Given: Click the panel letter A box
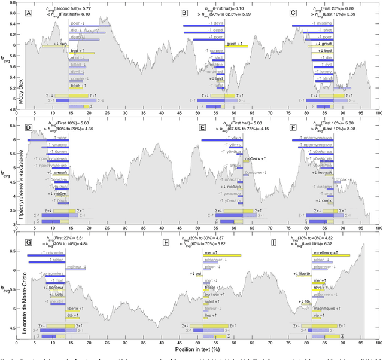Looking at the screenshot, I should [28, 13].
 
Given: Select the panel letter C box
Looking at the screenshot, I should [293, 13].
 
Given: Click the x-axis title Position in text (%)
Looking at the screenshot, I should [198, 348].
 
